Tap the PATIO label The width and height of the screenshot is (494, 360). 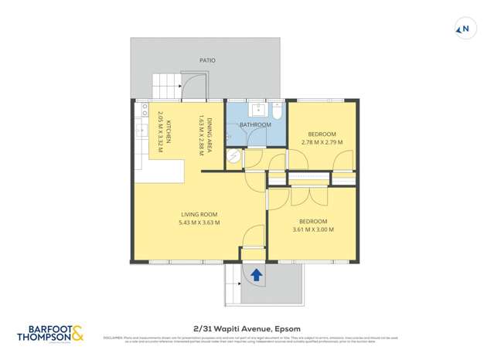[x=206, y=59]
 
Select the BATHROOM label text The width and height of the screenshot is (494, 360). [x=255, y=124]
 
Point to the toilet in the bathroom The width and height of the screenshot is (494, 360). [x=277, y=110]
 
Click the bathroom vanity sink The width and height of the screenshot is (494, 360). [x=256, y=109]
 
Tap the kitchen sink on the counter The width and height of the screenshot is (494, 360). [x=141, y=131]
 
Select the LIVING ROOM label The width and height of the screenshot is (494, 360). [x=199, y=214]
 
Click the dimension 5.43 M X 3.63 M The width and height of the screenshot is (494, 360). [x=199, y=222]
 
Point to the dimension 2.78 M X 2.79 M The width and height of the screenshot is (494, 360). [x=321, y=142]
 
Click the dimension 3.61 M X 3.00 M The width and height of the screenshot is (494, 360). [x=313, y=229]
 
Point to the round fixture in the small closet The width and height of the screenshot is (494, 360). [x=233, y=157]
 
